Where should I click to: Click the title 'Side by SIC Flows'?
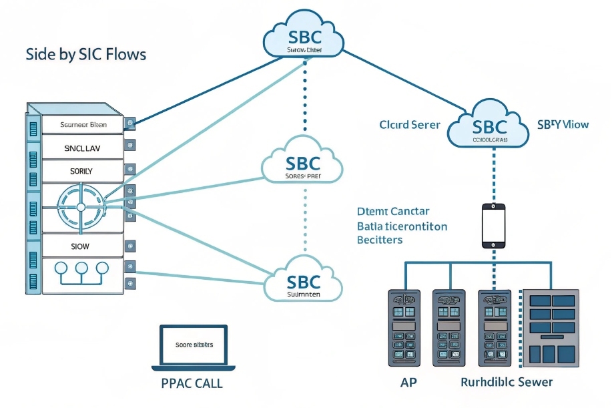click(x=85, y=54)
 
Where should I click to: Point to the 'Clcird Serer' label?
click(x=409, y=125)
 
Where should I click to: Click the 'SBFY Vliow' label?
click(x=563, y=124)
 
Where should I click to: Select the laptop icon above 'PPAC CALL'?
click(x=194, y=347)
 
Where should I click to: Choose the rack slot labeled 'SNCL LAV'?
click(x=82, y=148)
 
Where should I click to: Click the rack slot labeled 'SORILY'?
click(x=81, y=171)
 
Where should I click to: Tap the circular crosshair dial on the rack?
click(x=81, y=207)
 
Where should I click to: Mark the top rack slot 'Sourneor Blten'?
click(x=83, y=124)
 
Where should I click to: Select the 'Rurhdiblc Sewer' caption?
click(x=507, y=383)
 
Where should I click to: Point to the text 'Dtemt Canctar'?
click(x=393, y=212)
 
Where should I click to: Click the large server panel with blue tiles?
click(x=551, y=327)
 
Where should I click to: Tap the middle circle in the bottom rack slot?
click(x=81, y=268)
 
